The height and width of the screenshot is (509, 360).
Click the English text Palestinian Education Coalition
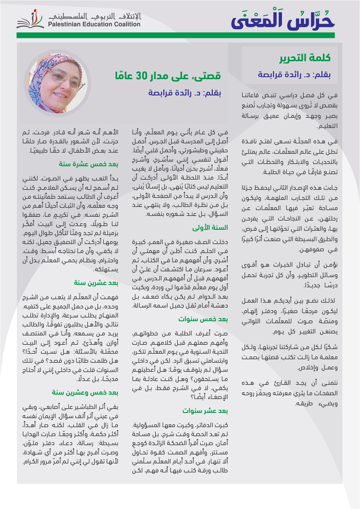(94, 24)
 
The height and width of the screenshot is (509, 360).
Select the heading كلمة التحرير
(305, 58)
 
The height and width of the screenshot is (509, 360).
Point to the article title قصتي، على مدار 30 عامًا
(168, 76)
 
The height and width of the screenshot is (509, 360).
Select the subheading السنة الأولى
(210, 228)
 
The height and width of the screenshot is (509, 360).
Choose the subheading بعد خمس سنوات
(203, 319)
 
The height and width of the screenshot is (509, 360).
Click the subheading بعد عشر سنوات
(205, 411)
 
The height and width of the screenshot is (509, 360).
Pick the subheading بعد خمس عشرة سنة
(88, 164)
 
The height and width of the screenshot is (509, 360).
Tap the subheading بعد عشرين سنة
(96, 283)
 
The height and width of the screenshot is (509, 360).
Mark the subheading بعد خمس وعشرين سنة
(85, 393)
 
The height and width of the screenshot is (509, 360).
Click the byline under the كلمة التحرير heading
(294, 75)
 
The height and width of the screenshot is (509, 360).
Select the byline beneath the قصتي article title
(184, 93)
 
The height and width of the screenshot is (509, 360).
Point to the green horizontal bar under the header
(176, 35)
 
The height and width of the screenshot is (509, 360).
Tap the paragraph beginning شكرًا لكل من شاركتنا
(290, 357)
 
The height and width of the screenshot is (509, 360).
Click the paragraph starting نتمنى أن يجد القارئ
(290, 393)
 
